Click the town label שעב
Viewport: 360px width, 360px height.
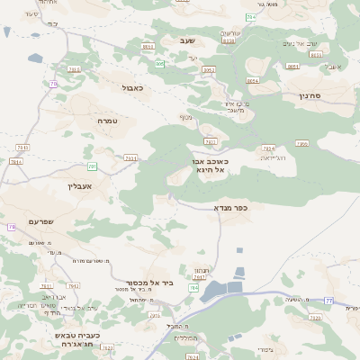point(187,40)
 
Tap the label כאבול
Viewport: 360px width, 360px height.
point(133,87)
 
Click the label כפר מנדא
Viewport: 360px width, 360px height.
point(231,208)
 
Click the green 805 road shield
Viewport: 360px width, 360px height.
point(160,63)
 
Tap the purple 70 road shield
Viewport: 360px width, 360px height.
point(54,84)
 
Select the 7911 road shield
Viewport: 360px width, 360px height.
point(130,158)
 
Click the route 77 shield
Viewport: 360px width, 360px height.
point(329,300)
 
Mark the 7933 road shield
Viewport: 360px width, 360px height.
point(22,148)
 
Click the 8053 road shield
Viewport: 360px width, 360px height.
point(209,69)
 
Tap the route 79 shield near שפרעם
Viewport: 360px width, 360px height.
point(12,228)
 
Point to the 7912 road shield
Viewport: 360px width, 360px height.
point(73,286)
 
